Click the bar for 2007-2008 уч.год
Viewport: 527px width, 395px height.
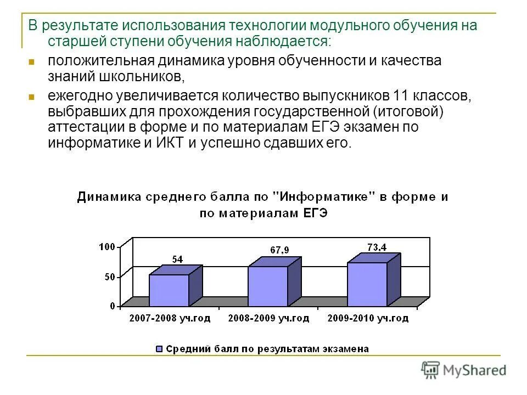[169, 290]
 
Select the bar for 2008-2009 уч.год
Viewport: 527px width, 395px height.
[268, 286]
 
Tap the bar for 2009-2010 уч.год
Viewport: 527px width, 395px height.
[367, 284]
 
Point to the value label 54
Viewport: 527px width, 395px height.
[177, 259]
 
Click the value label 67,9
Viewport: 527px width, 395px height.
[279, 250]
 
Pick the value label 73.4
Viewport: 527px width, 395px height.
[376, 247]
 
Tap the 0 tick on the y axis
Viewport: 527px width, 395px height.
[112, 306]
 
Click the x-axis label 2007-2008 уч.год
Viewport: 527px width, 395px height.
[170, 318]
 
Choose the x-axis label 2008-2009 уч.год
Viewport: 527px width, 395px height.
[268, 318]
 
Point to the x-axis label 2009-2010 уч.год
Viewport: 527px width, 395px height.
[367, 318]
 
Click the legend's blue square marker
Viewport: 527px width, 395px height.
[159, 349]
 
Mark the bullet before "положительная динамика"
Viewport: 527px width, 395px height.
[31, 61]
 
